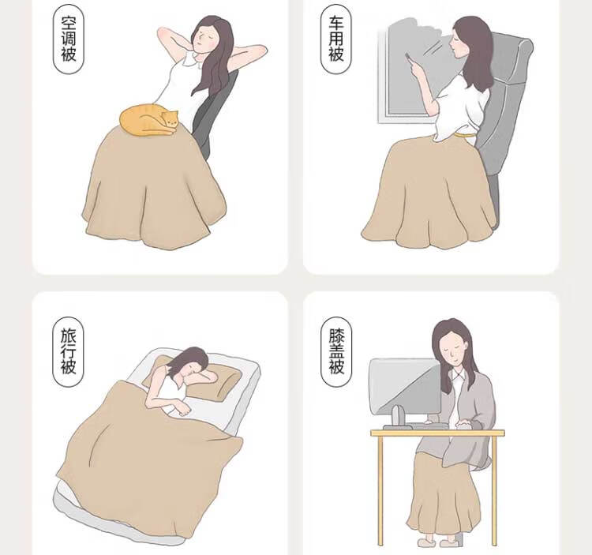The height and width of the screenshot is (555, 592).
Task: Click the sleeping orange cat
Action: click(148, 120)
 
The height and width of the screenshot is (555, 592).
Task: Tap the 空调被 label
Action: click(69, 39)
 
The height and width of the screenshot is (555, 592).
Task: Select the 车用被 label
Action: click(336, 39)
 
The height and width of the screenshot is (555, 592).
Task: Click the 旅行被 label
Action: click(69, 351)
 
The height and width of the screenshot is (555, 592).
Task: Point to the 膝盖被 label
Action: click(336, 351)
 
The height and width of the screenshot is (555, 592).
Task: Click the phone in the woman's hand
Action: click(408, 58)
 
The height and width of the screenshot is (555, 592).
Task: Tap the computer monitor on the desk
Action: click(405, 386)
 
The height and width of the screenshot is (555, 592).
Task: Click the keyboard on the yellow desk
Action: click(415, 426)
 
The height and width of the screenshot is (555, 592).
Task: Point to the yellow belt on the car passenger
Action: click(466, 134)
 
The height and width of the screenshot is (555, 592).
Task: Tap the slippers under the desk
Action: click(438, 542)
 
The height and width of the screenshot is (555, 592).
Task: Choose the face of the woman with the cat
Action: click(203, 39)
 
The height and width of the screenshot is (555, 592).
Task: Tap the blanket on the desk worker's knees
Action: click(444, 494)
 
